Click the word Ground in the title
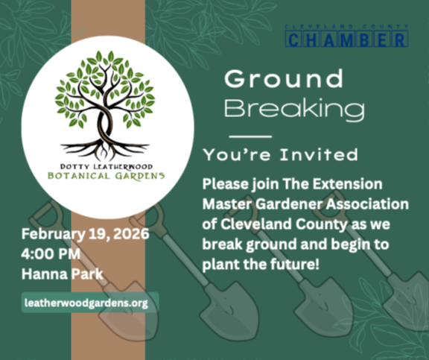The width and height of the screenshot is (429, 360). tap(284, 78)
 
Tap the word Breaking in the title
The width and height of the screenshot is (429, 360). tap(294, 110)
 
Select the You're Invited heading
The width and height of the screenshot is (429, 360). tap(280, 155)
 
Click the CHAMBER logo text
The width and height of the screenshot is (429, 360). tap(347, 39)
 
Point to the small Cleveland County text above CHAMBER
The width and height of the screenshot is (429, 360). tap(347, 26)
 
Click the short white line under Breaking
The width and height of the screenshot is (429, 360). tap(250, 136)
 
